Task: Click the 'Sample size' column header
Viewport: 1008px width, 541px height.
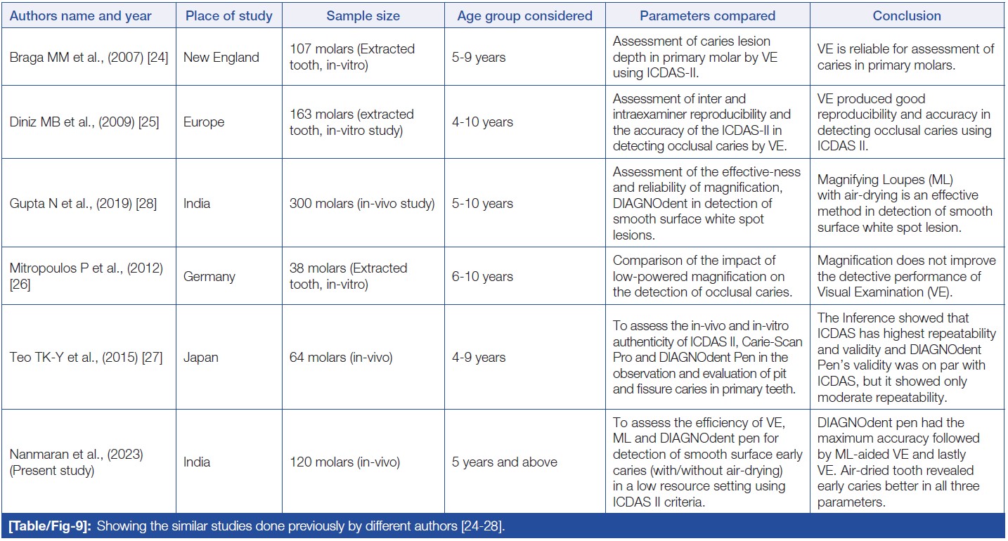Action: coord(363,15)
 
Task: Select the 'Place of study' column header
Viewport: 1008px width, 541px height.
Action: coord(228,15)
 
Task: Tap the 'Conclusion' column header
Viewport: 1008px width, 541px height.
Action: coord(907,15)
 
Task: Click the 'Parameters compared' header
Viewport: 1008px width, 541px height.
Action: coord(707,15)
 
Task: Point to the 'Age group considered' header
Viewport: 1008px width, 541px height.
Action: coord(524,15)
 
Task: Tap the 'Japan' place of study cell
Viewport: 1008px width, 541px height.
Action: coord(200,358)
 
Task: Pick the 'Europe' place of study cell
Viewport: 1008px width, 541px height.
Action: coord(203,122)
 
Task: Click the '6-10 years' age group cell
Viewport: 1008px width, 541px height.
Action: coord(483,277)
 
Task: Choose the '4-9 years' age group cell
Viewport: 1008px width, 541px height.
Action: coord(479,358)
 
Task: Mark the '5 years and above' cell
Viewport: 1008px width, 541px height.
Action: coord(505,462)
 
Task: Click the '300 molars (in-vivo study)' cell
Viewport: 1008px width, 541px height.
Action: coord(362,204)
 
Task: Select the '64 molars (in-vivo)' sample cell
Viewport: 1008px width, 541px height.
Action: coord(341,358)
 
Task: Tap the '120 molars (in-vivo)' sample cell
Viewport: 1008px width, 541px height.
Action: coord(344,462)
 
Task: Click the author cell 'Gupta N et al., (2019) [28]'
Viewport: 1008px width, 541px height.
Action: coord(84,204)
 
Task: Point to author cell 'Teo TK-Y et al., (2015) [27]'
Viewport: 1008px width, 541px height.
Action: coord(86,358)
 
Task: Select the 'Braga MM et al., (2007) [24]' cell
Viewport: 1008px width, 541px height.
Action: coord(89,58)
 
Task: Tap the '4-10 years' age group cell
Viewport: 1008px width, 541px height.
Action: coord(483,122)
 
